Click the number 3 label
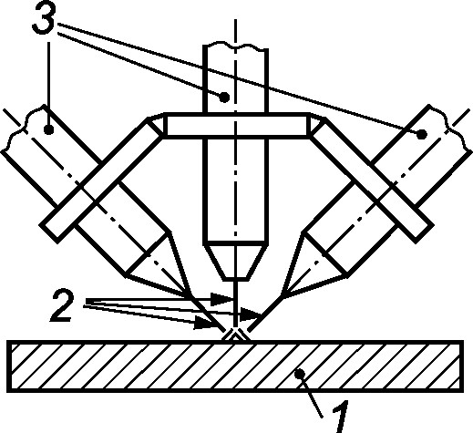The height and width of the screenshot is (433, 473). (44, 18)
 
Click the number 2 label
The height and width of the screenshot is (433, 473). (63, 306)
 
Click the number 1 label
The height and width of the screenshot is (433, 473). (339, 417)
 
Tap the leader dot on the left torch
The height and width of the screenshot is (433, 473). (48, 129)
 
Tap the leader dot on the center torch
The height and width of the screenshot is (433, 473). (224, 98)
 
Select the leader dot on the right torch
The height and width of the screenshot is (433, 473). (422, 134)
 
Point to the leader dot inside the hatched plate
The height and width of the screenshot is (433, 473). (300, 374)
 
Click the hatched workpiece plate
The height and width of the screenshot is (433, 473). (235, 366)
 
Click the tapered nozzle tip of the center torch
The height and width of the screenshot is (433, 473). (236, 261)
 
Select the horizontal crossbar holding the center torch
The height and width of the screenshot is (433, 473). (236, 126)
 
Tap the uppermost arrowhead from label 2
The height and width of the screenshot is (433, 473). (221, 299)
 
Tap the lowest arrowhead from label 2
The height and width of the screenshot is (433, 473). (204, 323)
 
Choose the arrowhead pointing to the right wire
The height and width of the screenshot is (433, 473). (250, 314)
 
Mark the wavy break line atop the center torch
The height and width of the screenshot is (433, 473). (236, 45)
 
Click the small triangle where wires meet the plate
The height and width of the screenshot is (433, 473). (236, 335)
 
